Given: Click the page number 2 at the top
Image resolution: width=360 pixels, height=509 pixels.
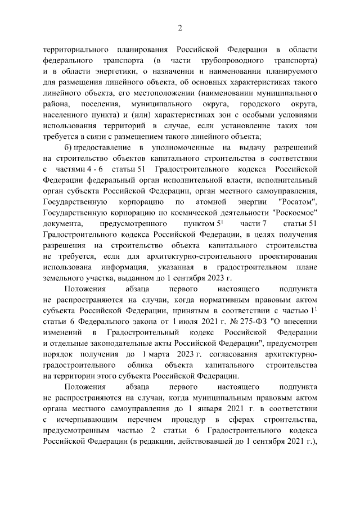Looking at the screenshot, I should point(180,29).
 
